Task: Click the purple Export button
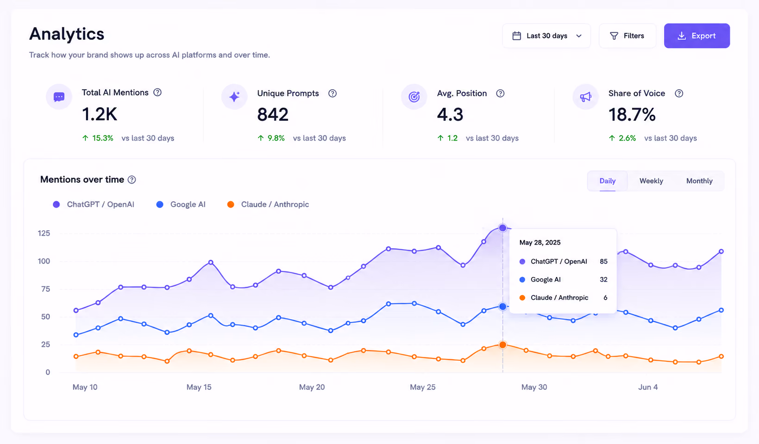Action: pos(696,36)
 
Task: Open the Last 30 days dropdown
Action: pos(546,36)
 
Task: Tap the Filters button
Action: pos(627,36)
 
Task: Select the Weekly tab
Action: pos(651,181)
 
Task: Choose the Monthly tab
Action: pos(699,181)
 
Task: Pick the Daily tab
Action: pos(608,181)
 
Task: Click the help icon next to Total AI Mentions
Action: pos(157,92)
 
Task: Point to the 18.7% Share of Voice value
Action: pos(632,114)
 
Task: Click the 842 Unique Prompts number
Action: pos(273,114)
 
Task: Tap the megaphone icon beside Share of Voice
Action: pos(585,97)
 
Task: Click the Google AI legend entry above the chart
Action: pos(181,204)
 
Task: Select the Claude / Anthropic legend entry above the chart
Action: pos(268,204)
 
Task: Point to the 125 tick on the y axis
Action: pos(44,233)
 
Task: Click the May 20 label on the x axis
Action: pos(312,387)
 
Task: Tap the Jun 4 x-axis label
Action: pos(648,387)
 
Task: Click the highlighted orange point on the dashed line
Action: pos(503,345)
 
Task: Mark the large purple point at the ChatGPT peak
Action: pos(503,228)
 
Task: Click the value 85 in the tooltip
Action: pos(603,262)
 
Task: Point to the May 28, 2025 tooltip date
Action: pos(540,243)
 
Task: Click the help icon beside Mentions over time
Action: pos(132,180)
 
